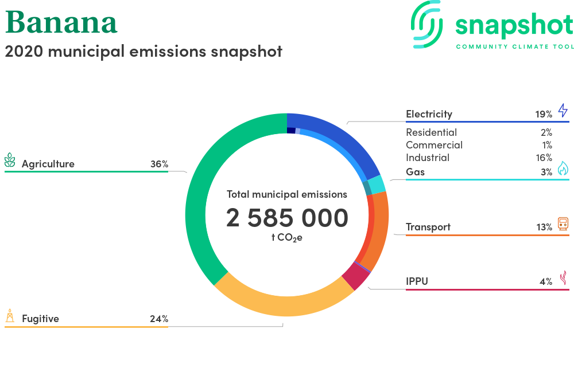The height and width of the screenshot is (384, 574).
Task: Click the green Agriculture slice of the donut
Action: pyautogui.click(x=196, y=205)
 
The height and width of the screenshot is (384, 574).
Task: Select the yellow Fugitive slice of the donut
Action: pyautogui.click(x=282, y=306)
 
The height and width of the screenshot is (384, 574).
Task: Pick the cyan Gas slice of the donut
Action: pyautogui.click(x=377, y=185)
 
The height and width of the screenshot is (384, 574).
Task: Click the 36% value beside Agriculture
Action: pyautogui.click(x=159, y=164)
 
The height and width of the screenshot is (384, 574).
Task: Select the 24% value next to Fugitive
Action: pyautogui.click(x=159, y=319)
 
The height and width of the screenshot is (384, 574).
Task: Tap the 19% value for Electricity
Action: pyautogui.click(x=544, y=115)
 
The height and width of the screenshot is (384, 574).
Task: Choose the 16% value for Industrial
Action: pyautogui.click(x=544, y=158)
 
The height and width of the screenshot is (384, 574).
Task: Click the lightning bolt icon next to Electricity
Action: pyautogui.click(x=563, y=111)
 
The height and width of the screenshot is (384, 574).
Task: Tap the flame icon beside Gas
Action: pyautogui.click(x=563, y=169)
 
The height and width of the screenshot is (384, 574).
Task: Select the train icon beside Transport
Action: pyautogui.click(x=563, y=224)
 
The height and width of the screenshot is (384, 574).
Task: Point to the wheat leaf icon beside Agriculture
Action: pyautogui.click(x=10, y=160)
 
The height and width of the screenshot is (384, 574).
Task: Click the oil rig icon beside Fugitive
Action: pyautogui.click(x=10, y=316)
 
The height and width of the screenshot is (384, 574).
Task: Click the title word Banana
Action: pyautogui.click(x=61, y=23)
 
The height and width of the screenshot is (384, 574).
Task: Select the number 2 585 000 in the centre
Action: pyautogui.click(x=287, y=218)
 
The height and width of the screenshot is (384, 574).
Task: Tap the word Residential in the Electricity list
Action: pyautogui.click(x=431, y=132)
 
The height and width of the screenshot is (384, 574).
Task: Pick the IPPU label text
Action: pyautogui.click(x=417, y=281)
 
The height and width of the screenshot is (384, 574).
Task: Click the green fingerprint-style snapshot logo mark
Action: pyautogui.click(x=426, y=25)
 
